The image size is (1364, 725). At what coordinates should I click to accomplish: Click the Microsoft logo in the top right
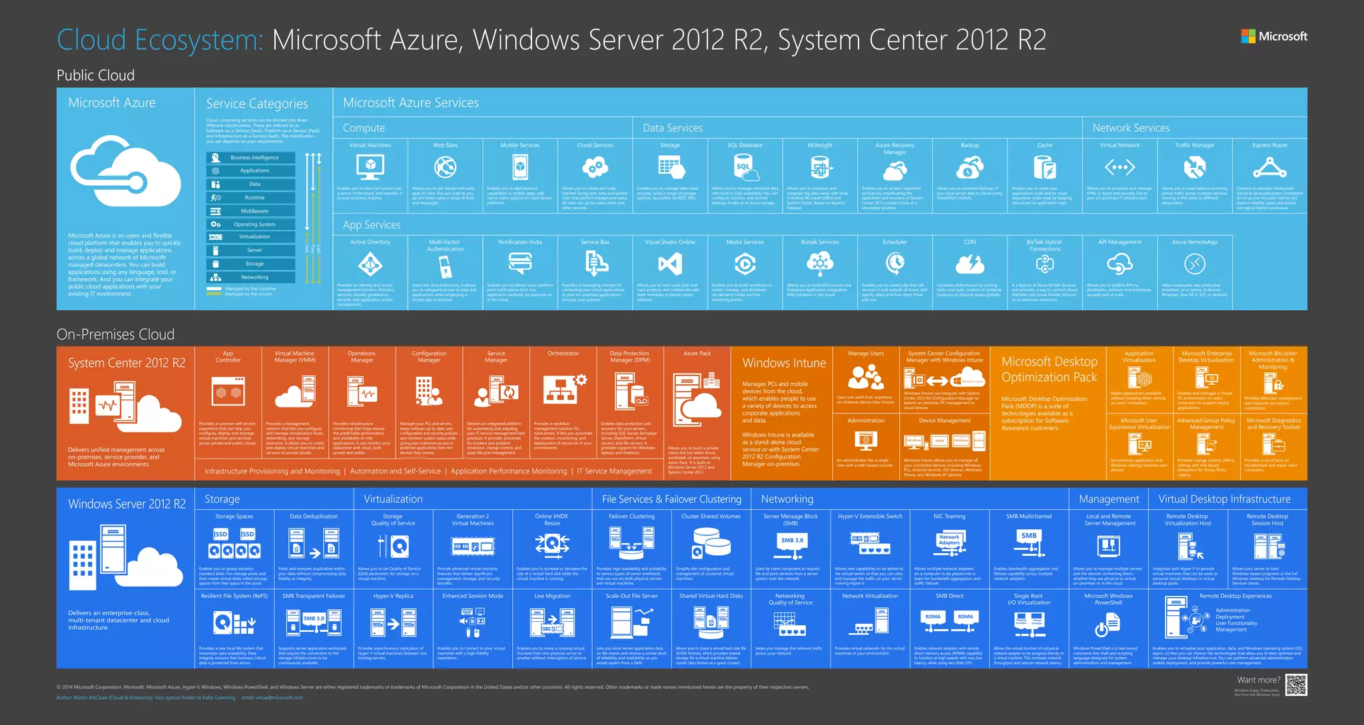coord(1273,37)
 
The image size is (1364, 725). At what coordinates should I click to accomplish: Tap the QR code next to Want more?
coord(1296,684)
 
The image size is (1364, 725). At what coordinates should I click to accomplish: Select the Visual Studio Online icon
coord(670,265)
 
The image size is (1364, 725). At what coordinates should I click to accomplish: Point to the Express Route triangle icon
coord(1269,167)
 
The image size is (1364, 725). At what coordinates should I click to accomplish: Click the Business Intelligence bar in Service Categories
coord(251,158)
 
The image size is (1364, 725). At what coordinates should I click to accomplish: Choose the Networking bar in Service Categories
coord(251,277)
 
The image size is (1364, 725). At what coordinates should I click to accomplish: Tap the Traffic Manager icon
coord(1195,167)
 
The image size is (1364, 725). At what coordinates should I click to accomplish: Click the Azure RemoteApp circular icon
coord(1195,265)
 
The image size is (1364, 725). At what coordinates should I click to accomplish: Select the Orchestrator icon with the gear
coord(563,390)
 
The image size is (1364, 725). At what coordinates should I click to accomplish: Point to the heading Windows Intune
coord(784,363)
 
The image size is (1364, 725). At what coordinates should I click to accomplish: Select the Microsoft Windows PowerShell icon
coord(1108,625)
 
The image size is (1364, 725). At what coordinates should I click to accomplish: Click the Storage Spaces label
coord(234,516)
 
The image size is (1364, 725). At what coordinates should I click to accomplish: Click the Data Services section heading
coord(673,128)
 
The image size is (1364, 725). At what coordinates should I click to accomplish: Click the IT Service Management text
coord(614,471)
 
